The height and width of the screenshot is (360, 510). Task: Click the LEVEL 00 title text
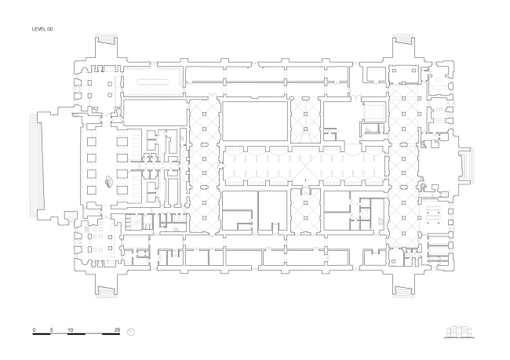[x=42, y=29]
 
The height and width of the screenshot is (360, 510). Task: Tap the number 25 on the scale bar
[x=118, y=329]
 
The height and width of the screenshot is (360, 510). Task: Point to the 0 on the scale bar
[x=35, y=329]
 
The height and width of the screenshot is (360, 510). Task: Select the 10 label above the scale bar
[x=71, y=329]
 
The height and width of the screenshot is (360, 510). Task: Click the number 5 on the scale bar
[x=51, y=329]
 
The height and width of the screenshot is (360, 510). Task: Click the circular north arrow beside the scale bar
[x=131, y=332]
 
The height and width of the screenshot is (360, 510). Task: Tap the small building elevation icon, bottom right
[x=459, y=332]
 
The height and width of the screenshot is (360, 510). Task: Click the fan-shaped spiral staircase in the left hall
[x=108, y=181]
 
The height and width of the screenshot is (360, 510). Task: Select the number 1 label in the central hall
[x=305, y=181]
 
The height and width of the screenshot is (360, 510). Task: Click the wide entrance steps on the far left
[x=36, y=165]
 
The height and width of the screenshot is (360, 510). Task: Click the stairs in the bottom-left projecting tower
[x=107, y=292]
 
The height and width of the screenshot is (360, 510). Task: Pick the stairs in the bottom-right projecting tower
[x=403, y=292]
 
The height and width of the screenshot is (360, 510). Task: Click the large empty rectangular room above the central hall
[x=255, y=121]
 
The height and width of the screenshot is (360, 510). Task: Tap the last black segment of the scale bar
[x=111, y=334]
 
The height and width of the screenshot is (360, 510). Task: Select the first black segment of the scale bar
[x=42, y=334]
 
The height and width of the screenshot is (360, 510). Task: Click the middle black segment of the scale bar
[x=76, y=334]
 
